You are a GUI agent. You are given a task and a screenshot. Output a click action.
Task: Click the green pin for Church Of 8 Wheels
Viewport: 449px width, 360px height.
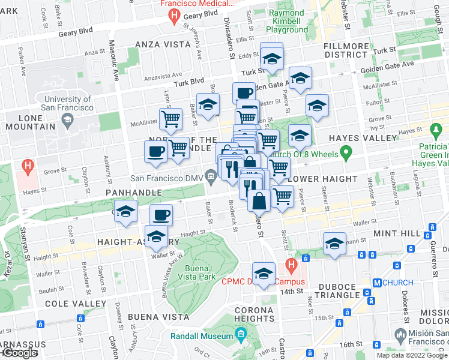(346, 154)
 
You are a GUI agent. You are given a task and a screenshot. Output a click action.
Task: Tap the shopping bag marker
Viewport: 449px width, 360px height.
(258, 200)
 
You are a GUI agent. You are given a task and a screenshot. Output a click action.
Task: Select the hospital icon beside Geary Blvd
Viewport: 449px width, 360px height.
(174, 16)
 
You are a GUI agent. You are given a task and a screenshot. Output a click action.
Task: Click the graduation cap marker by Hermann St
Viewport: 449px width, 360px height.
(334, 243)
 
